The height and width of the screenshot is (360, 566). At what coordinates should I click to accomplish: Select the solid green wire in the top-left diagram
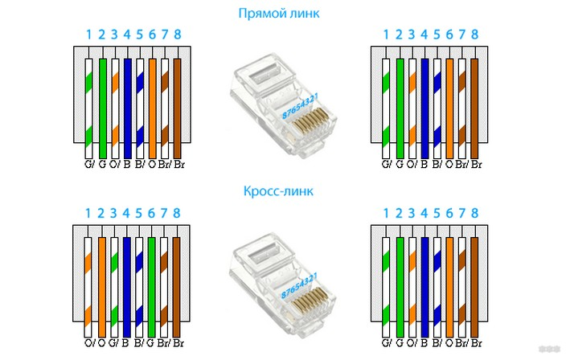pyautogui.click(x=102, y=104)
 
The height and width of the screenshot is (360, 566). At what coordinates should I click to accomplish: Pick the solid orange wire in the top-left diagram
pyautogui.click(x=153, y=104)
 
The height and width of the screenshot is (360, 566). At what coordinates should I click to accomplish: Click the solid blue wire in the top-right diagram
pyautogui.click(x=424, y=104)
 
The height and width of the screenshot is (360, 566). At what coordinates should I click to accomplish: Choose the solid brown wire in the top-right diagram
pyautogui.click(x=475, y=104)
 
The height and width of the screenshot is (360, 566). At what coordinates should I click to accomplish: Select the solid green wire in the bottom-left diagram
pyautogui.click(x=153, y=281)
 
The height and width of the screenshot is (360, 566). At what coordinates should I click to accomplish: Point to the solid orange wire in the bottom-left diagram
pyautogui.click(x=102, y=281)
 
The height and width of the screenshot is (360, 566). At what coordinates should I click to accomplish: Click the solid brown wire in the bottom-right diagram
pyautogui.click(x=475, y=281)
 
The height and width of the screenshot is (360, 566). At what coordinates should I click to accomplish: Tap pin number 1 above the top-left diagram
pyautogui.click(x=89, y=35)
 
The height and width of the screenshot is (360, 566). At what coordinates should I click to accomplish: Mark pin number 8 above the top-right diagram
pyautogui.click(x=475, y=35)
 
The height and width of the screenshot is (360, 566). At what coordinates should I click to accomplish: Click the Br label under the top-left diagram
pyautogui.click(x=178, y=165)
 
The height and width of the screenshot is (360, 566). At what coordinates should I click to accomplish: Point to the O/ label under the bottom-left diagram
pyautogui.click(x=89, y=344)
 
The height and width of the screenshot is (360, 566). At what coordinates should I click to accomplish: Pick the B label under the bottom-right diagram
pyautogui.click(x=424, y=344)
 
